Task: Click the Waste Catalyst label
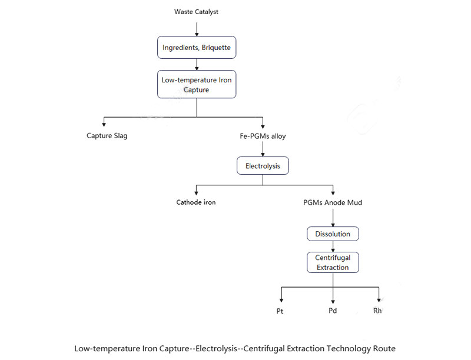tap(196, 12)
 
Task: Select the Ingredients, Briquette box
tap(197, 48)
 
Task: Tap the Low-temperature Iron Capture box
tap(197, 84)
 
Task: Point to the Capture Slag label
tap(107, 136)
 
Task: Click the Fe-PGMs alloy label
tap(263, 136)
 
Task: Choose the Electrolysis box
tap(263, 166)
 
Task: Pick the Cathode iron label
tap(196, 202)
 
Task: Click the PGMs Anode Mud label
tap(333, 202)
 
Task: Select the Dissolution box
tap(333, 234)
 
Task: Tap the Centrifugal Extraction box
tap(333, 262)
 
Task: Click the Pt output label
tap(280, 311)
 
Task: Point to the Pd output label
tap(333, 311)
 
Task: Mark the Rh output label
tap(377, 311)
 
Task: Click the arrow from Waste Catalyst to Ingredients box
tap(197, 29)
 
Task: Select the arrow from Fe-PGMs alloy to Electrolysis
tap(263, 149)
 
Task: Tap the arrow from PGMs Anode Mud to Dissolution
tap(333, 218)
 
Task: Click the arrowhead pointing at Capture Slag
tap(104, 124)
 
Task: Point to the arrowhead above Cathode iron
tap(196, 193)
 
